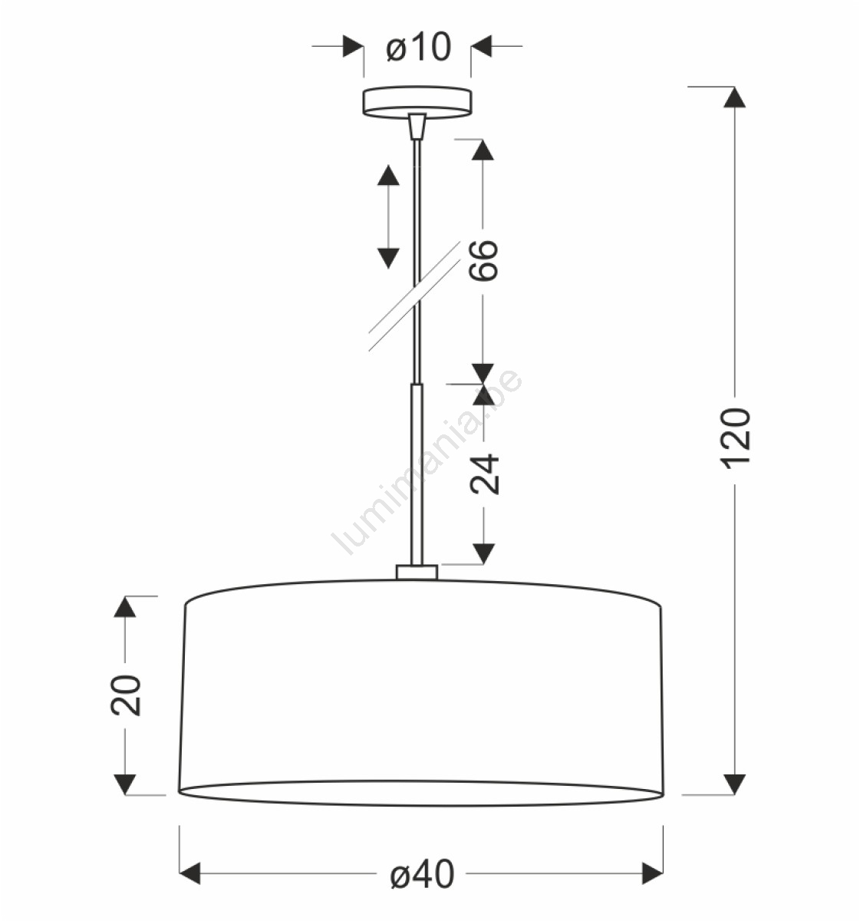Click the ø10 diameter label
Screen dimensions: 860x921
(x=418, y=47)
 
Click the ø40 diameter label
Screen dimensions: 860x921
(x=422, y=874)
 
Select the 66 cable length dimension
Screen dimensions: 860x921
(x=483, y=261)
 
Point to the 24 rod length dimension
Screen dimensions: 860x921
(x=484, y=474)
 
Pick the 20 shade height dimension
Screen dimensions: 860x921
(x=125, y=695)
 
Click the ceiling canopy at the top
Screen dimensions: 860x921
(x=417, y=102)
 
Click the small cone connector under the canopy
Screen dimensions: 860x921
(x=417, y=126)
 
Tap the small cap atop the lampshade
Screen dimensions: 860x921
(x=417, y=573)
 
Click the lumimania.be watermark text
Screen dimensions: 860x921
(x=427, y=461)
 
